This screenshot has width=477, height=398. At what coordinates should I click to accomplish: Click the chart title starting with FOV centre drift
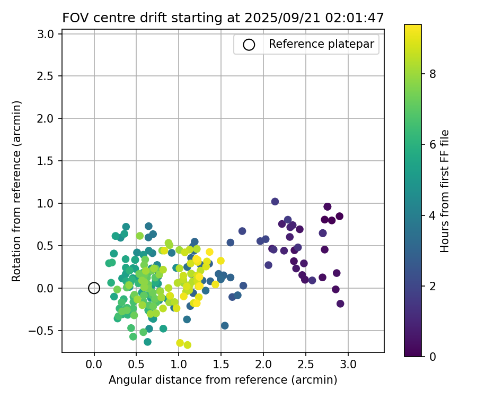223,18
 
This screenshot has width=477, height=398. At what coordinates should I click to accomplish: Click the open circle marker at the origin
94,288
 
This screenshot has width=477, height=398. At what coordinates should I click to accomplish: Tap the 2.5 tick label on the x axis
306,366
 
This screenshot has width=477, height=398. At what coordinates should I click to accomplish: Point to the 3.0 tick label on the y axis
48,34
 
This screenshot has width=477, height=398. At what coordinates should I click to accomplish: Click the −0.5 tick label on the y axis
45,331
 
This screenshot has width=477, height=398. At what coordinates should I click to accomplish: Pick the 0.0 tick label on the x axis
94,366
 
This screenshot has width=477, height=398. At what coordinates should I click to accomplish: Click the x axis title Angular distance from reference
223,380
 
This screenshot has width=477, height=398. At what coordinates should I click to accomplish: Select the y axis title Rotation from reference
16,191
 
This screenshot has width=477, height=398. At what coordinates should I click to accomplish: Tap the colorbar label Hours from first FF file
445,191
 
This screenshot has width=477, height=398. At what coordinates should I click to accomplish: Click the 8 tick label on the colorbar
432,74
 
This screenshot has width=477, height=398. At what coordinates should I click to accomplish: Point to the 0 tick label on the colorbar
432,356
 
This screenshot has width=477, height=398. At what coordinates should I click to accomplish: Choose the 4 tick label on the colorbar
432,215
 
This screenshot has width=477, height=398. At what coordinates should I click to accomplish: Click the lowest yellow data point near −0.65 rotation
187,345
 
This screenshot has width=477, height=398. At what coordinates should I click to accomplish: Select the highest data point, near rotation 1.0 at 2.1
275,202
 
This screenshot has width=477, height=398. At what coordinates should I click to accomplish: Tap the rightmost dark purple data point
340,304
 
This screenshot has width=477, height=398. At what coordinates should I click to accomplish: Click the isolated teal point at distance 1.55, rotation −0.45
225,325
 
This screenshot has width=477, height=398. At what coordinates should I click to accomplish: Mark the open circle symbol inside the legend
249,45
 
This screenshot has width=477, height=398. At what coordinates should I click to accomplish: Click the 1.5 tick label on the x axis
221,366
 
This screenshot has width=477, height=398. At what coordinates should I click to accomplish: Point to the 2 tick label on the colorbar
432,285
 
